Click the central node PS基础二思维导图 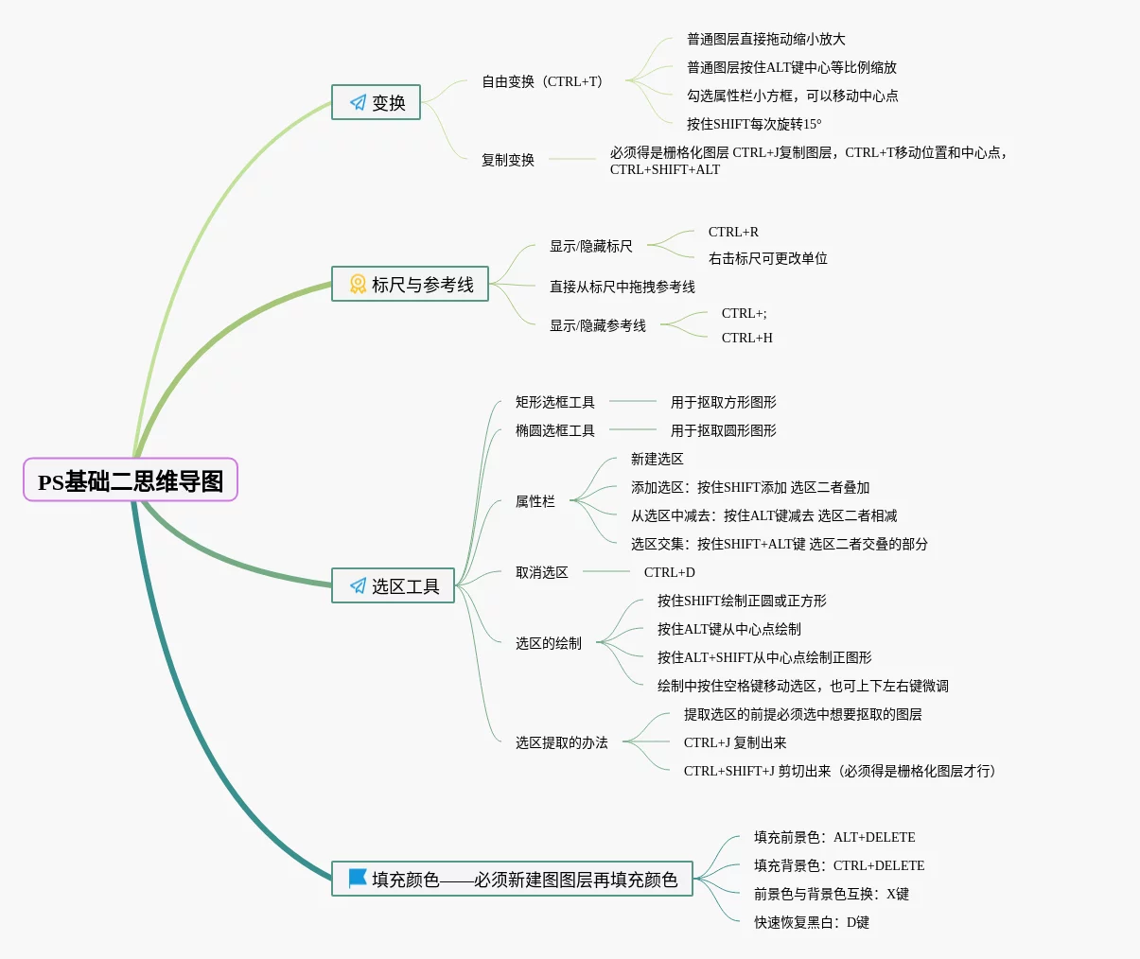click(x=131, y=480)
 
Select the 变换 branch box click(x=376, y=102)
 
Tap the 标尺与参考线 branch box click(x=410, y=284)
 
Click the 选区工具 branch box click(x=393, y=585)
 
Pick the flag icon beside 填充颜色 click(x=358, y=879)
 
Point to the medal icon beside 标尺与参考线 click(x=358, y=284)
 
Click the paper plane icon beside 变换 click(x=358, y=102)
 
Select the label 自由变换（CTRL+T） click(x=541, y=81)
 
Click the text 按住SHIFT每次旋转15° click(x=754, y=124)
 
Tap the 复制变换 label click(x=508, y=160)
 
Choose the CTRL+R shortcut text click(x=733, y=232)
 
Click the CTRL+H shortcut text click(x=746, y=338)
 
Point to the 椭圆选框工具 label click(x=554, y=430)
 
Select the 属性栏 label click(x=535, y=501)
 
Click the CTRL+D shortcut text click(x=669, y=572)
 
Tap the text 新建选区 click(x=657, y=459)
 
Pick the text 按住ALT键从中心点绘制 click(x=728, y=629)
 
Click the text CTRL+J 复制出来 click(x=735, y=742)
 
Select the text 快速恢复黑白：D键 click(x=811, y=922)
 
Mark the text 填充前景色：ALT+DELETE click(x=834, y=837)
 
